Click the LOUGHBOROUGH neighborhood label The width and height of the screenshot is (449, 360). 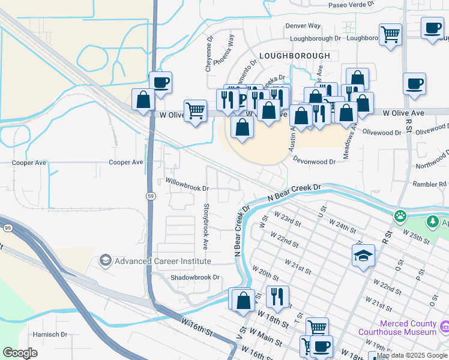[x=295, y=56]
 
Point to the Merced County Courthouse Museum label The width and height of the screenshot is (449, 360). [x=397, y=328]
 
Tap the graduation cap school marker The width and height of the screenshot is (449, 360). [x=363, y=256]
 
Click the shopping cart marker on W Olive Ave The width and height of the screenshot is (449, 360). [x=195, y=110]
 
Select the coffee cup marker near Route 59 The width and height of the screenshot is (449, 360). [x=160, y=83]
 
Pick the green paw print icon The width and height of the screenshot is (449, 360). [x=399, y=215]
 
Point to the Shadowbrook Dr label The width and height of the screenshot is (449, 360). [x=195, y=277]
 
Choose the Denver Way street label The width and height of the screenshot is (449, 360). [x=303, y=26]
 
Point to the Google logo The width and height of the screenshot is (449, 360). [x=20, y=353]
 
